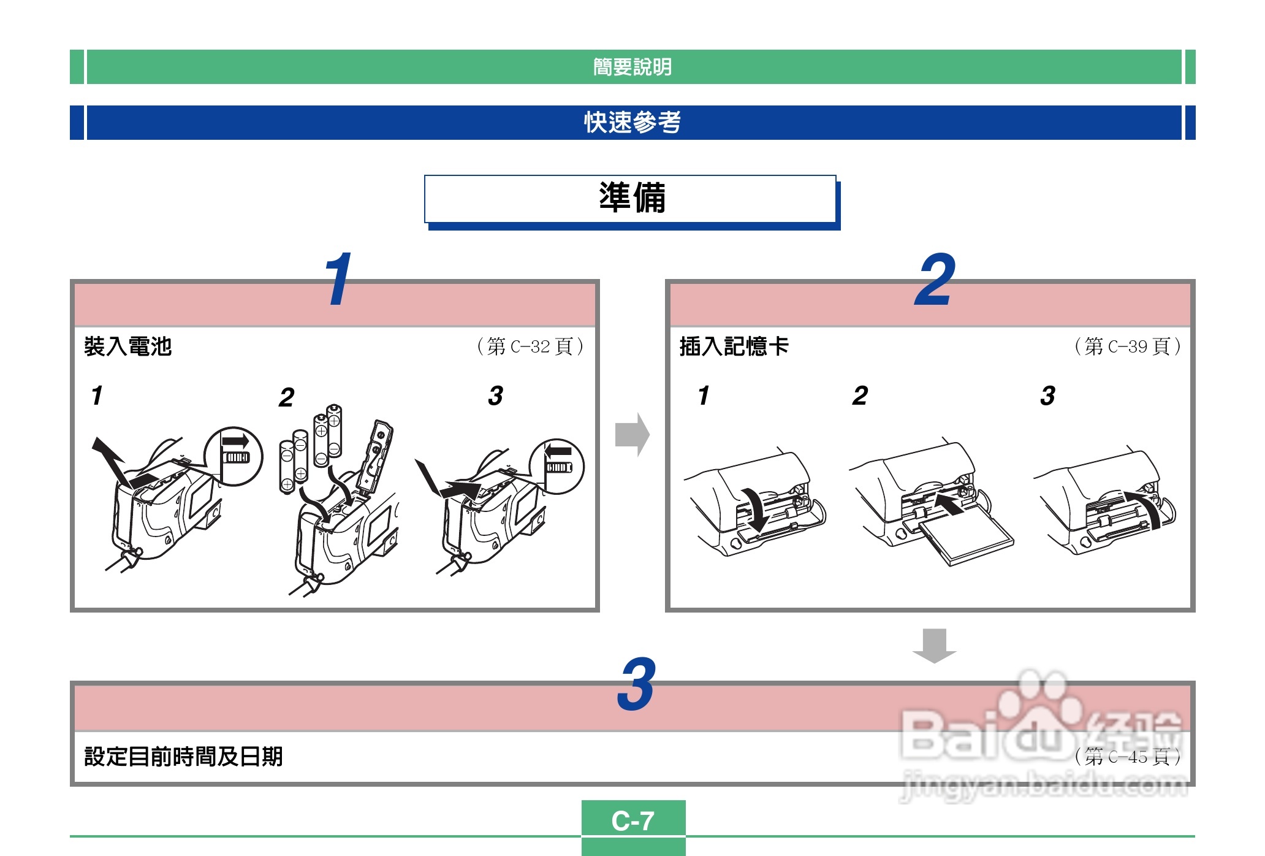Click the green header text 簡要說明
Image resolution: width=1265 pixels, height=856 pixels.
click(x=632, y=67)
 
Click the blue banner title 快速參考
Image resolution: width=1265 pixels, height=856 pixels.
click(x=632, y=122)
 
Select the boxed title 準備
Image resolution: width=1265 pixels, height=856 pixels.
click(x=632, y=197)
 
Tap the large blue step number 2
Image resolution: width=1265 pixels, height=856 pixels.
click(x=935, y=280)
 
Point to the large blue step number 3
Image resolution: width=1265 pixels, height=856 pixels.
click(x=637, y=684)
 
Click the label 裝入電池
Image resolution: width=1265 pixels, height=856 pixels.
click(x=127, y=346)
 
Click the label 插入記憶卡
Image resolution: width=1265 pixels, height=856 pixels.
click(x=734, y=346)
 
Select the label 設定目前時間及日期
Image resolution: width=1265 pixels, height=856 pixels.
click(x=183, y=756)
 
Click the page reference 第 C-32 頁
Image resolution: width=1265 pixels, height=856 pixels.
click(x=530, y=346)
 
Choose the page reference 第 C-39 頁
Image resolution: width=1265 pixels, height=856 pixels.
click(x=1128, y=346)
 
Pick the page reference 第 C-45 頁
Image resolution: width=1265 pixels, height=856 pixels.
click(x=1128, y=757)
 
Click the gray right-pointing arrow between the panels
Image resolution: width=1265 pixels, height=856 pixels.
click(x=632, y=435)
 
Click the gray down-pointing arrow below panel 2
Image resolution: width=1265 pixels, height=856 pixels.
click(x=934, y=646)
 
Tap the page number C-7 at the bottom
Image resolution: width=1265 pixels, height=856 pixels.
click(x=633, y=820)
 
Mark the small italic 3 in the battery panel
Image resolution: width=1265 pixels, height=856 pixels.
click(x=496, y=396)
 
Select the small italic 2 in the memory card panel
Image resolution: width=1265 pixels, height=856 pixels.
click(x=860, y=396)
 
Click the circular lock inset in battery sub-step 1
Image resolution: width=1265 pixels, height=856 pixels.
click(x=234, y=456)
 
